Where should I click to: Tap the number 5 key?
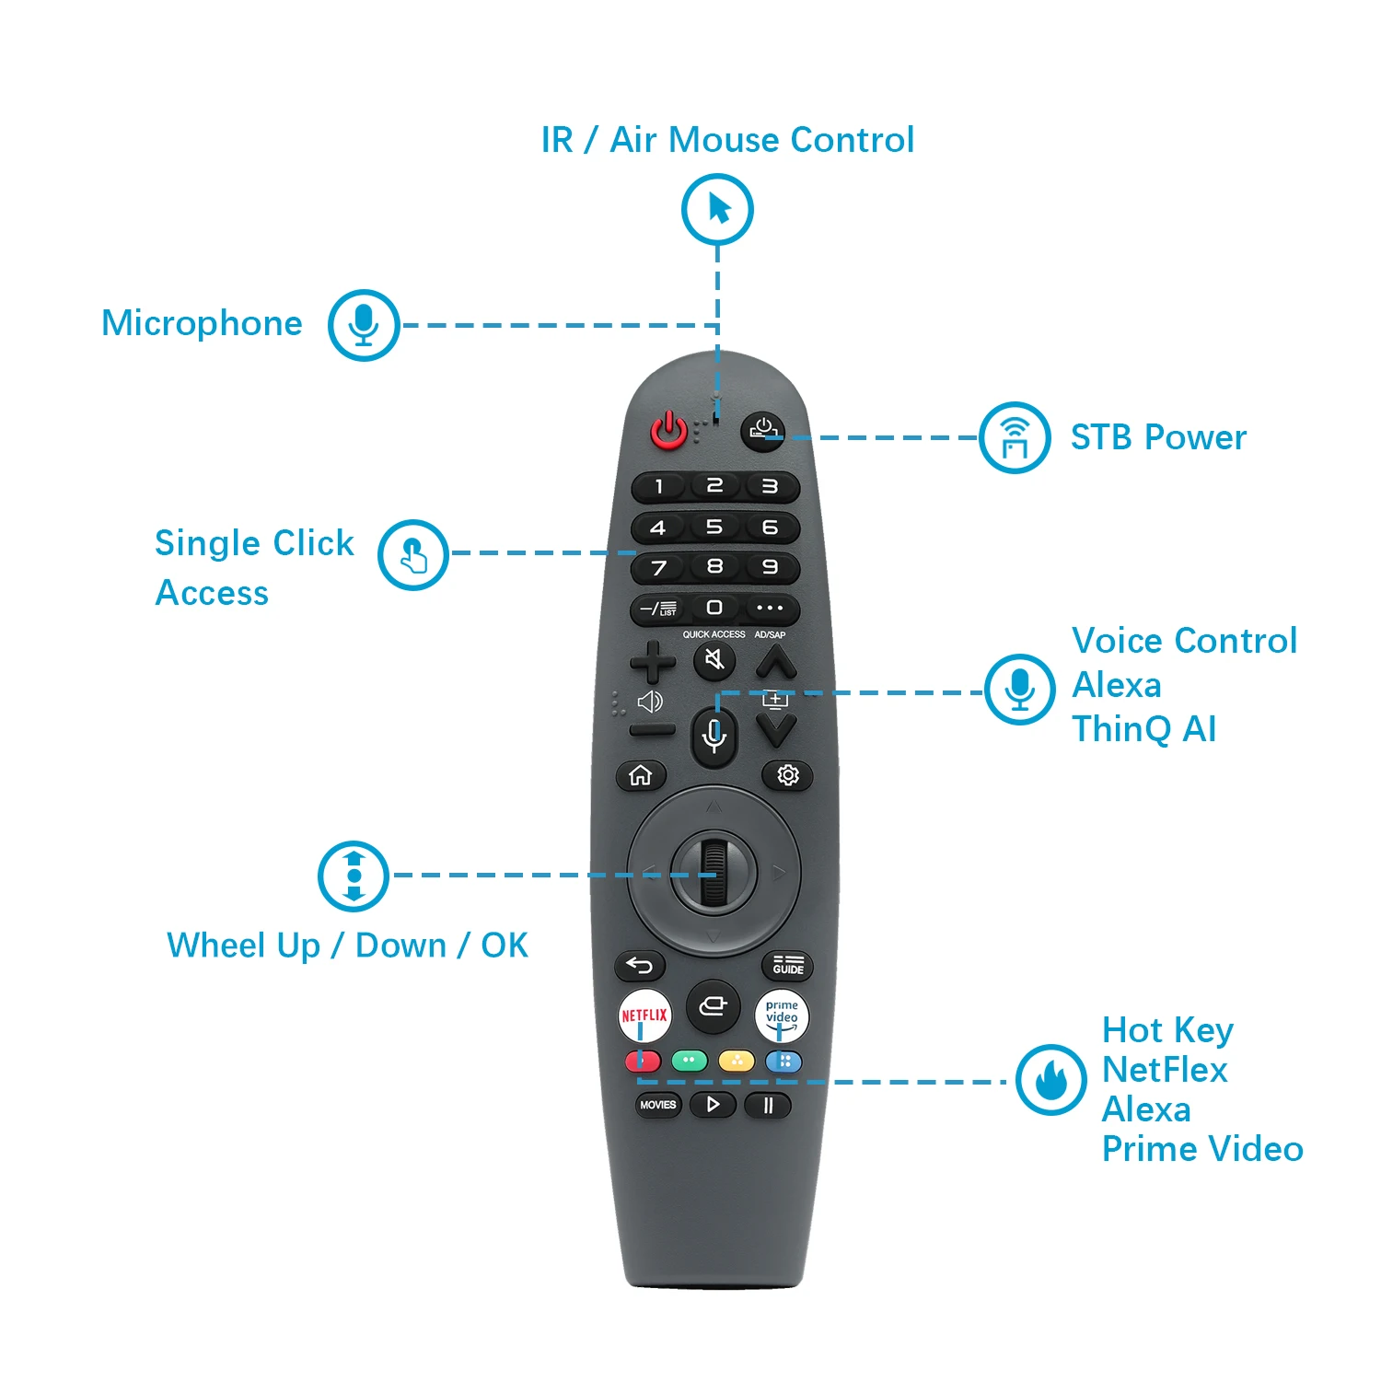[x=714, y=528]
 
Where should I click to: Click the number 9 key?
[x=770, y=567]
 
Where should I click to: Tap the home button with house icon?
[x=640, y=776]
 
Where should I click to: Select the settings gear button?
[x=787, y=775]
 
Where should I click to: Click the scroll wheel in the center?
[x=714, y=870]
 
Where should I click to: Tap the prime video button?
[x=782, y=1015]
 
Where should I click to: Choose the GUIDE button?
[x=788, y=965]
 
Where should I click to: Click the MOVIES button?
[x=657, y=1105]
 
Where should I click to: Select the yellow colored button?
[x=736, y=1062]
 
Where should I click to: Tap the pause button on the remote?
[x=768, y=1105]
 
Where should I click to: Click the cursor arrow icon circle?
[x=717, y=209]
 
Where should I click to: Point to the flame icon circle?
[x=1050, y=1079]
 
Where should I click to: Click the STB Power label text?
[x=1158, y=437]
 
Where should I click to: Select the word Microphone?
[x=202, y=323]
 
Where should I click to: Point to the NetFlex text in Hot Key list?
[x=1165, y=1070]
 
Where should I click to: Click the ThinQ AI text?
[x=1144, y=729]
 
